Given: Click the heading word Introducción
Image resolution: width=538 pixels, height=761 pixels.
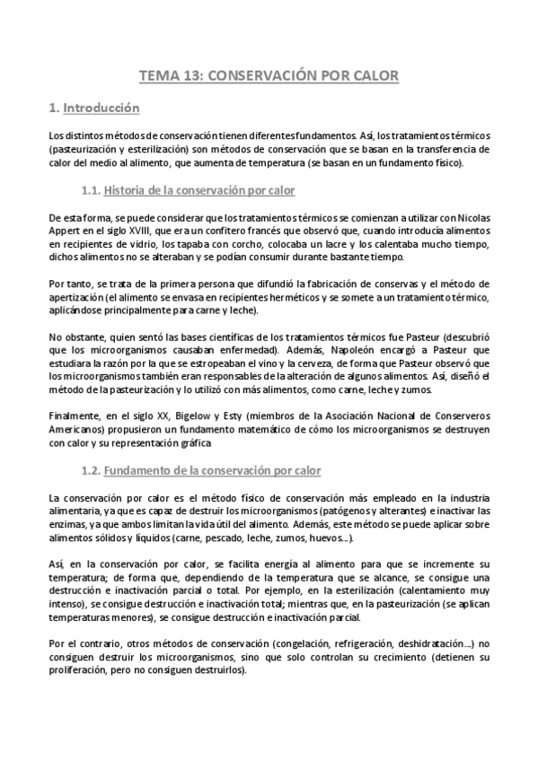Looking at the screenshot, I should pyautogui.click(x=101, y=109).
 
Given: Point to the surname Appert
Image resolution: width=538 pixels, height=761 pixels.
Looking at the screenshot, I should pyautogui.click(x=65, y=230).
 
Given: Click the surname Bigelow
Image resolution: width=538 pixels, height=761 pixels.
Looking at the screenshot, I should pyautogui.click(x=195, y=416).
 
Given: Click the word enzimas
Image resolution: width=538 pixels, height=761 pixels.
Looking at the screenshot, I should pyautogui.click(x=71, y=525).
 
